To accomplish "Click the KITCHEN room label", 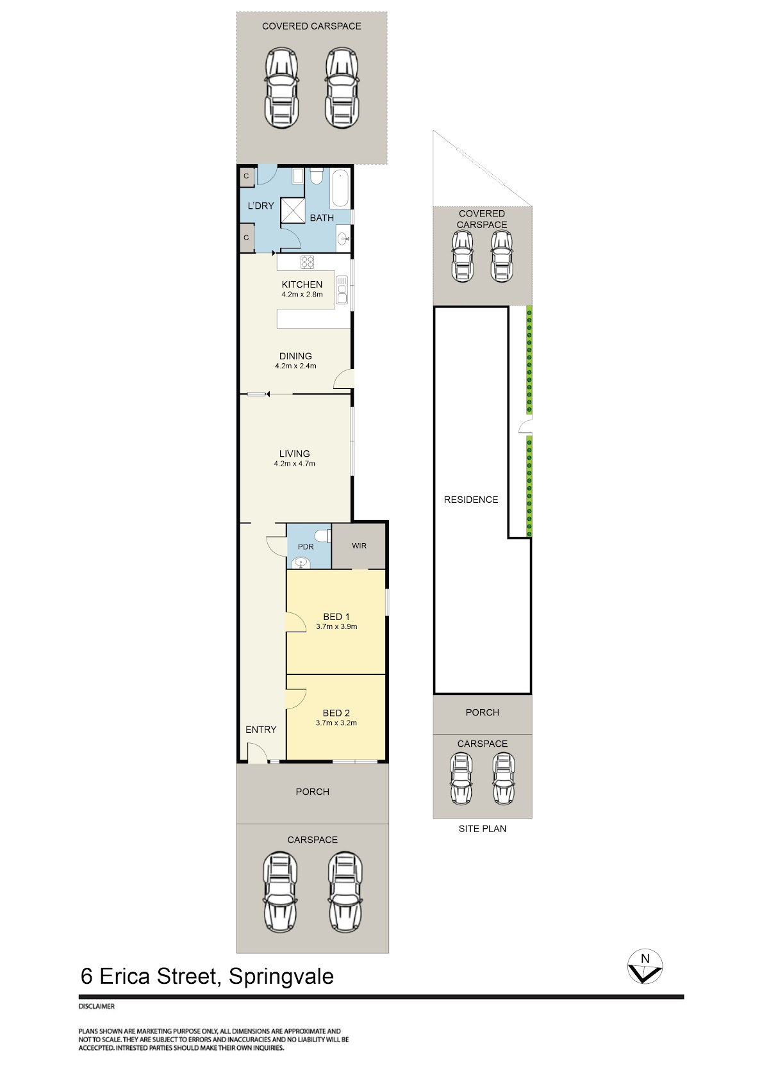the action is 301,284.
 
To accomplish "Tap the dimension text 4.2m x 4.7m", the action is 294,463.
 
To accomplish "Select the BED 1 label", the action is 336,617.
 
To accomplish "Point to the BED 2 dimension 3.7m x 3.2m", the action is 336,723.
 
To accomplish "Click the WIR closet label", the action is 360,546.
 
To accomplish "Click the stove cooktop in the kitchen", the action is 307,262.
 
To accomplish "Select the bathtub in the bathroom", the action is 340,189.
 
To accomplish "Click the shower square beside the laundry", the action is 293,211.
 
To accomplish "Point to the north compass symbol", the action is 645,967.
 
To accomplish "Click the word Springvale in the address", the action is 281,976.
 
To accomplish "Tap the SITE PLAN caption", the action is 482,829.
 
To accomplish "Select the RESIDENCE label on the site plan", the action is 471,500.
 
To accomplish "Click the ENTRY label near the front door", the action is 261,730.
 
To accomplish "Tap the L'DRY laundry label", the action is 261,206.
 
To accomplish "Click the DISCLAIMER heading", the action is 97,1006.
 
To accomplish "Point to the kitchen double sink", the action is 342,290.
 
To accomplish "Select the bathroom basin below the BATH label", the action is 343,238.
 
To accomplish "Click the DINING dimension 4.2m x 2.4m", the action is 295,366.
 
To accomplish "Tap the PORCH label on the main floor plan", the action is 312,792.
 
